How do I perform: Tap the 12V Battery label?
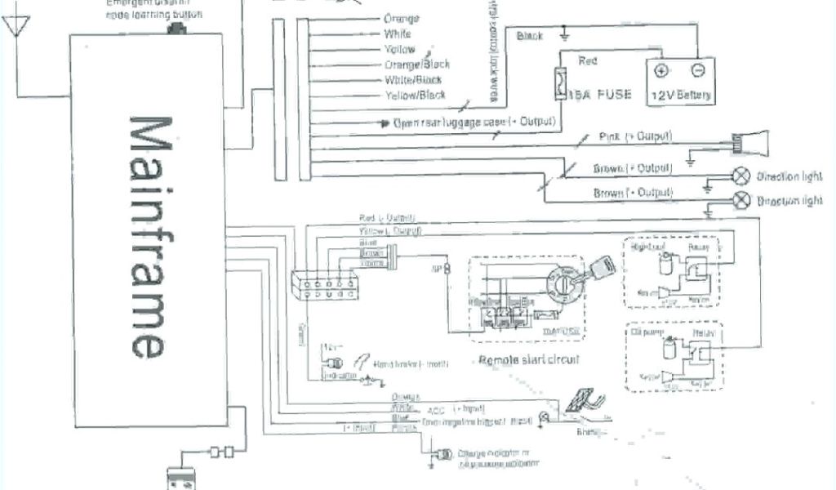pos(680,96)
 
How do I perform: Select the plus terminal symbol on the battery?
pos(661,71)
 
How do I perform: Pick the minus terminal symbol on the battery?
pos(698,71)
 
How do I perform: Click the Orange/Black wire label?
pos(416,65)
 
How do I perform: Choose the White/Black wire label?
pos(413,80)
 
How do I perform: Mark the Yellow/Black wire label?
pos(415,96)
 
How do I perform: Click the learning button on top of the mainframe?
pos(174,29)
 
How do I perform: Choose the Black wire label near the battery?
pos(530,36)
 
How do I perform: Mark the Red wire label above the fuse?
pos(587,60)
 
